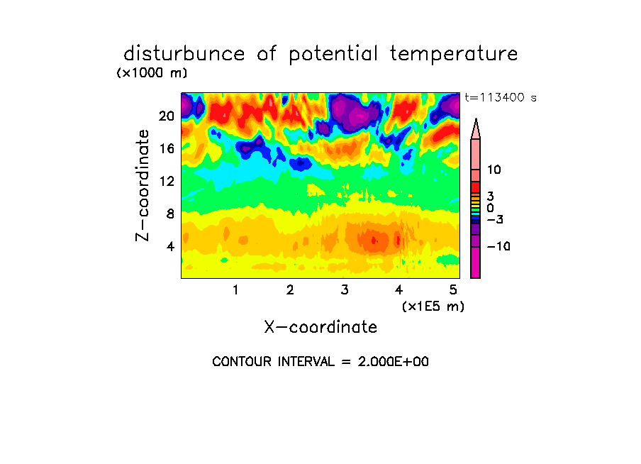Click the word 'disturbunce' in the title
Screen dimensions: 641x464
[x=184, y=54]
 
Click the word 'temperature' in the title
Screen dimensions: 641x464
[x=454, y=54]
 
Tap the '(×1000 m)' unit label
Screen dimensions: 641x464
[x=152, y=73]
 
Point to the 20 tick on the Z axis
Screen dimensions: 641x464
[x=167, y=116]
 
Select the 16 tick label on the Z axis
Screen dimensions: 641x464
[x=167, y=148]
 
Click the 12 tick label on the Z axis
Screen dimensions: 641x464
[x=167, y=181]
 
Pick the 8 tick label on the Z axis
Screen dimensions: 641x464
[x=170, y=214]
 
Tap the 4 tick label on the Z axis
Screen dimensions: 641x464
[x=170, y=246]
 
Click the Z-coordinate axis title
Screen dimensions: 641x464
[x=142, y=185]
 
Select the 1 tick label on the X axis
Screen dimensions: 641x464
[x=235, y=289]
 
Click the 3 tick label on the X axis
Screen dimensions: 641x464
[x=345, y=289]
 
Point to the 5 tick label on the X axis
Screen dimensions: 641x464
[x=453, y=289]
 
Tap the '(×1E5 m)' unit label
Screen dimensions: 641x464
[x=433, y=306]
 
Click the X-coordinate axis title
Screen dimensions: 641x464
[x=320, y=327]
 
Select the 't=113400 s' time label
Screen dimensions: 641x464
[x=501, y=97]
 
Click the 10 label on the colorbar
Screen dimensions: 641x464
[x=494, y=170]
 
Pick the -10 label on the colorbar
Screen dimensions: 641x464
[x=498, y=246]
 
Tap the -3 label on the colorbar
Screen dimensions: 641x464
[x=495, y=219]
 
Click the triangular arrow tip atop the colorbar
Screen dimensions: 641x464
[x=476, y=119]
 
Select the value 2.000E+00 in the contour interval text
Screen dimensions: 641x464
[x=393, y=362]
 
